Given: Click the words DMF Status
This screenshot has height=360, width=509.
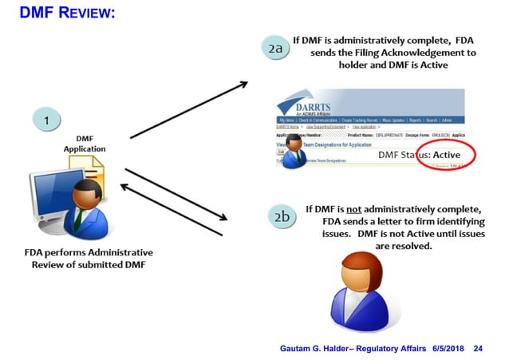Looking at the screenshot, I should (403, 153).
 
